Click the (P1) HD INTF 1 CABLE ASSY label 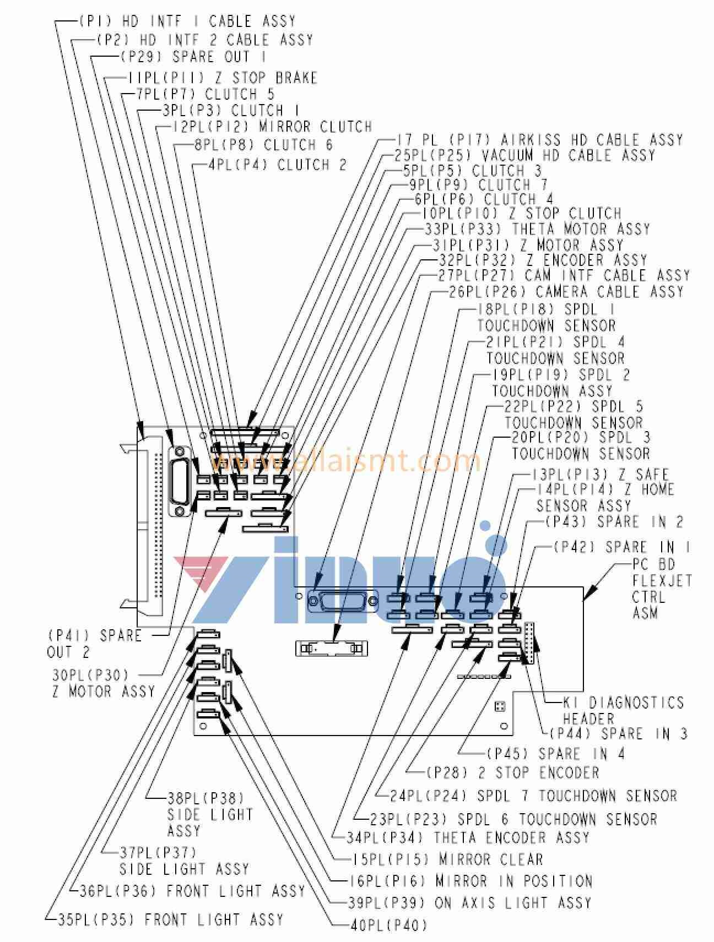point(187,22)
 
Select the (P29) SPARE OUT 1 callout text point(193,57)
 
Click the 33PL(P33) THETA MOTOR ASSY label point(537,228)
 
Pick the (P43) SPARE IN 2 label point(614,521)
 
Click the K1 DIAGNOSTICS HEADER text point(623,710)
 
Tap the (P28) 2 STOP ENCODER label point(512,772)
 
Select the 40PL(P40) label point(388,925)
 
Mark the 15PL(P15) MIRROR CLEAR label point(447,859)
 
